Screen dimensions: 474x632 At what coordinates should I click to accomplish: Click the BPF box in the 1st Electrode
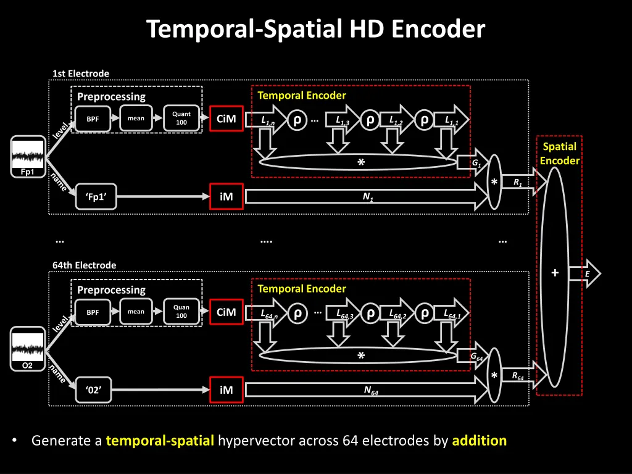(x=93, y=119)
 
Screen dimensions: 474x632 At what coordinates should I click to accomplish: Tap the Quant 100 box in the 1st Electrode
(x=181, y=118)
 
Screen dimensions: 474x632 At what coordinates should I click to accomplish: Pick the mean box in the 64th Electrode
(x=136, y=312)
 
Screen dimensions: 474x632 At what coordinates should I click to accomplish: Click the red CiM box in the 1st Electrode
(x=227, y=119)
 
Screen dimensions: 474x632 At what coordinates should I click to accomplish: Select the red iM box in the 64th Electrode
(x=227, y=389)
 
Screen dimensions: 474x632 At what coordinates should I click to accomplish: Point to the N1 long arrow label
(x=368, y=197)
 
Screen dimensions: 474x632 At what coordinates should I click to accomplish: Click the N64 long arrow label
(x=371, y=390)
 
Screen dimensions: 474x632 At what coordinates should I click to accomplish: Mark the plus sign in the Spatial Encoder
(x=555, y=273)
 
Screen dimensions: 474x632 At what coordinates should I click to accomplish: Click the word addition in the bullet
(x=479, y=441)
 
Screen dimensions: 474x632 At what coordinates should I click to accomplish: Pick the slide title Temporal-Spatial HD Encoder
(x=316, y=29)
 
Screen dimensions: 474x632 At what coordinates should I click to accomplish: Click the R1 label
(x=516, y=182)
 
